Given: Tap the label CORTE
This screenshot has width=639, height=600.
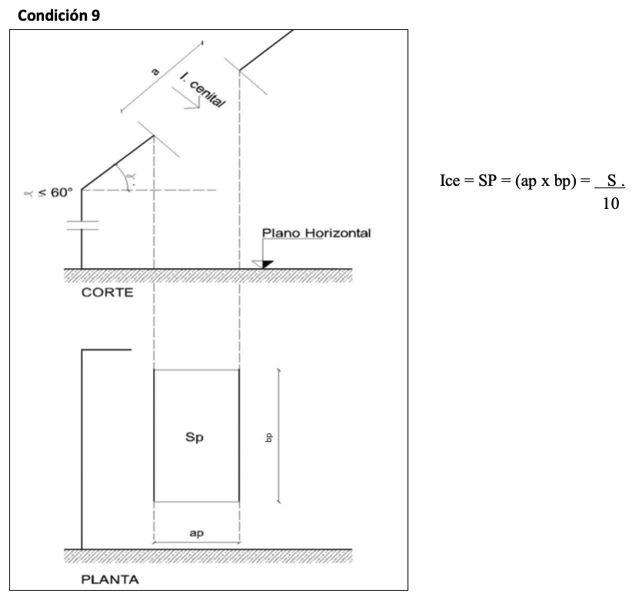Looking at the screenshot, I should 107,293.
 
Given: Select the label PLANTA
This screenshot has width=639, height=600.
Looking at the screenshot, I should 111,578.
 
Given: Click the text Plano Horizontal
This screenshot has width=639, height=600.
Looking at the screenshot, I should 316,233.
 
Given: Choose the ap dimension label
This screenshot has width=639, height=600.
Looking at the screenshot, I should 196,533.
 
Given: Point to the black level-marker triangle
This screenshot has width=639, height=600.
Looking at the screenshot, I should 267,264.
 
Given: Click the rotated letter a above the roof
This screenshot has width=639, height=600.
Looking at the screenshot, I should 154,71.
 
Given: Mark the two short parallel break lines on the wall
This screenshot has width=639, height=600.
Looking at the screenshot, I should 82,224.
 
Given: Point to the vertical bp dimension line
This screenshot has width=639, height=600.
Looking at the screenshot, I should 278,436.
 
